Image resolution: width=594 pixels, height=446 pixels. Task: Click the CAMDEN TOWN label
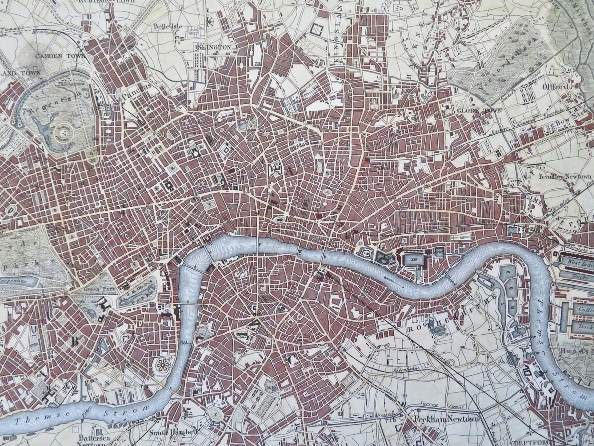click(55, 56)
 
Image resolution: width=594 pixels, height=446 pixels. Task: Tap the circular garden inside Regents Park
click(63, 132)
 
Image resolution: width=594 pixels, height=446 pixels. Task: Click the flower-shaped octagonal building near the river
click(162, 366)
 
